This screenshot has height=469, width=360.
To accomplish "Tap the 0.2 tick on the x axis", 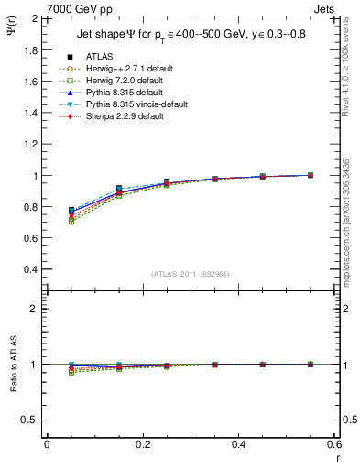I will [143, 444].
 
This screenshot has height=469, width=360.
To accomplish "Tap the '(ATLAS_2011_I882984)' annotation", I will [190, 275].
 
